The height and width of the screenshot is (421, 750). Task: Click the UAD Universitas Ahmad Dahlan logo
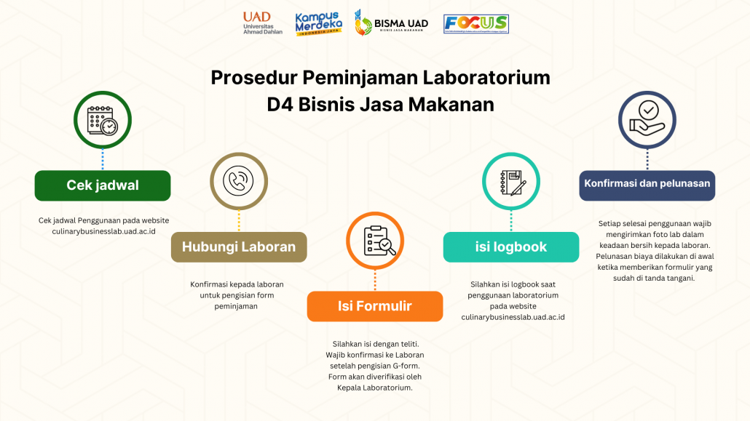point(263,23)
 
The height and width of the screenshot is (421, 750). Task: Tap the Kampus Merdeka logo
point(318,23)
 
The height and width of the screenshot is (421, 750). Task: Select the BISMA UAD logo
point(391,23)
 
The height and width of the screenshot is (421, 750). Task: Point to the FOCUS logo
point(476,24)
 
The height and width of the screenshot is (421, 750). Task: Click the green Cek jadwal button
point(103,185)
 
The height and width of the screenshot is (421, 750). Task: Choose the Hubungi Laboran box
point(239,247)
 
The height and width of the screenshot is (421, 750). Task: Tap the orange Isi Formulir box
point(375,306)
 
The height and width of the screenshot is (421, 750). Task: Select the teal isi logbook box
point(511,247)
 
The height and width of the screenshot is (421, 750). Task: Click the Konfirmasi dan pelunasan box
point(647,185)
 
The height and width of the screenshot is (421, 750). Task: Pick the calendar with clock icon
point(103,121)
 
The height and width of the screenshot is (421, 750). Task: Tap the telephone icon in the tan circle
point(238,181)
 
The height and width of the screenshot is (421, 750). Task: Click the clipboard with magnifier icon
point(379,241)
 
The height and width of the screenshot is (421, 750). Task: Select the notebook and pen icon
point(513,183)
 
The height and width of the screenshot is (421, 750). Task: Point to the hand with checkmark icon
point(647,119)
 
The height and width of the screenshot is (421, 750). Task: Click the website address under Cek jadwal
point(104,231)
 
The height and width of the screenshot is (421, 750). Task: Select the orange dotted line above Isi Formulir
point(375,280)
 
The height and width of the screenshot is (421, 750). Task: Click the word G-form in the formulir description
point(406,366)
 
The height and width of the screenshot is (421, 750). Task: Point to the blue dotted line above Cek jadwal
point(103,159)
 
